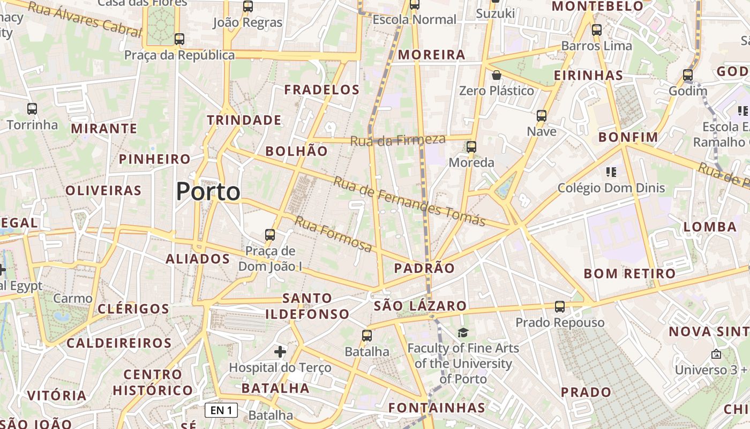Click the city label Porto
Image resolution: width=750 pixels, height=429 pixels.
[208, 191]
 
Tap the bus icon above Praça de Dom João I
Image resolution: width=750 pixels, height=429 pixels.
[270, 235]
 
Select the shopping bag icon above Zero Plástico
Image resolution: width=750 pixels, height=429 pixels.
[497, 75]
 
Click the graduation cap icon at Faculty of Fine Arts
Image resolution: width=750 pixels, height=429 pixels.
[463, 333]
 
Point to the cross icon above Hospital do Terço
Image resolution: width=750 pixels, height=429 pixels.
[280, 352]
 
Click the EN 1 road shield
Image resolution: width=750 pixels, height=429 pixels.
[221, 411]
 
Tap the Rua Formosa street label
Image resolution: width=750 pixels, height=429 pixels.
[333, 234]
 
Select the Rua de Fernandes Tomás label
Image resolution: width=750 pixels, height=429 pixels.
[410, 201]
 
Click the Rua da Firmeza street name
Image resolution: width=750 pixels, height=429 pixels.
[398, 140]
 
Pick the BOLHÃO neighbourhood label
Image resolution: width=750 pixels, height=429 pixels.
[296, 151]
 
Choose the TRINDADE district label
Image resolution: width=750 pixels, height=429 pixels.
[244, 120]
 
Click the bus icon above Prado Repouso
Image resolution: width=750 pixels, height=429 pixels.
[560, 307]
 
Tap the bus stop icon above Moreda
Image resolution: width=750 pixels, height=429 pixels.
[471, 147]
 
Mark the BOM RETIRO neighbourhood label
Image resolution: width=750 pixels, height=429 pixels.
[629, 273]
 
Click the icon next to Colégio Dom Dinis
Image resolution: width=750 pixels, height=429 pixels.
[611, 172]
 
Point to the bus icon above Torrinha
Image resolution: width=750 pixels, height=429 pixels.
[32, 109]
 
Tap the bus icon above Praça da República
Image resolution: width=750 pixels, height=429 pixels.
[179, 39]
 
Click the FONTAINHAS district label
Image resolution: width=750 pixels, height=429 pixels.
[437, 408]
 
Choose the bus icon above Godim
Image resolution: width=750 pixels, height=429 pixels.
[688, 75]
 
